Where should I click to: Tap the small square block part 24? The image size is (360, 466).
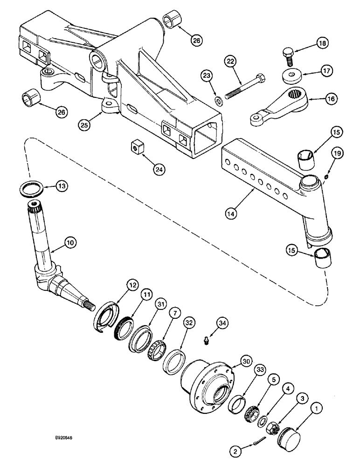pos(135,148)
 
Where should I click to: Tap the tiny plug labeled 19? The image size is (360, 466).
pos(327,176)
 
